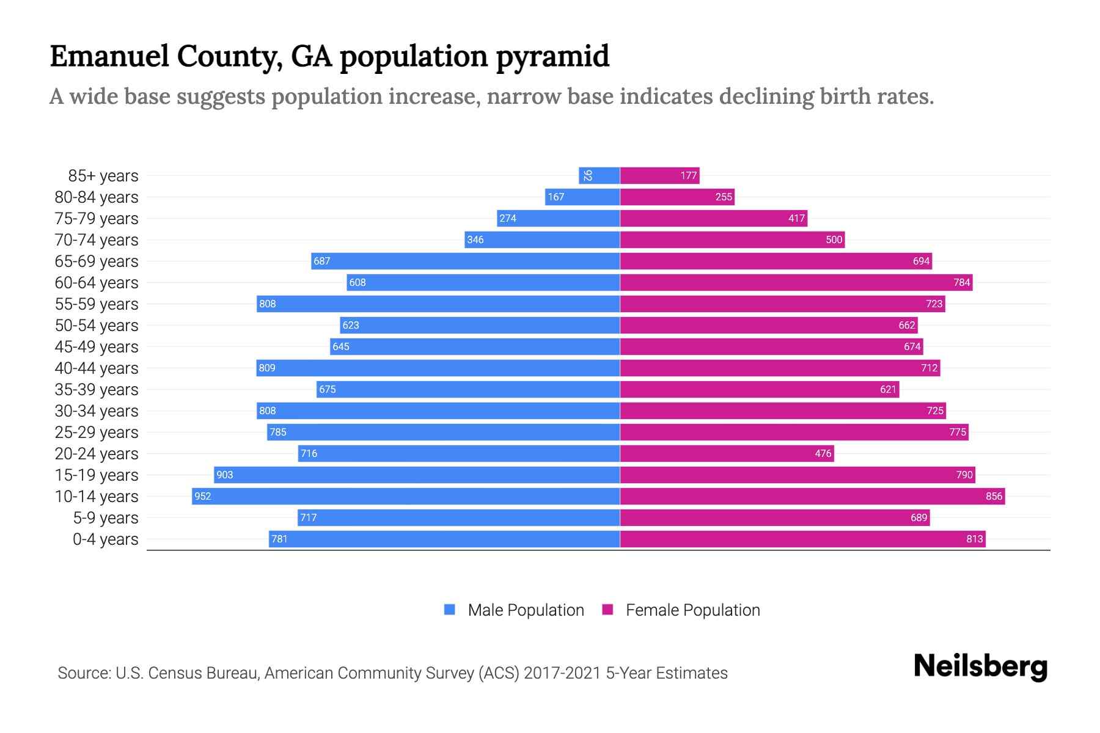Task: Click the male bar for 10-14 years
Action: (x=406, y=496)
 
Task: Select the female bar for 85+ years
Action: (x=659, y=175)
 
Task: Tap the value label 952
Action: (x=202, y=496)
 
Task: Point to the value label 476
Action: (x=823, y=453)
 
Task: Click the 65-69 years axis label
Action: (x=97, y=261)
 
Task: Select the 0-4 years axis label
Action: (x=105, y=539)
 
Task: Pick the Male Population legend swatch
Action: (x=450, y=610)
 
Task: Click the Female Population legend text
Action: (x=692, y=610)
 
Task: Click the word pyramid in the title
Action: (x=552, y=57)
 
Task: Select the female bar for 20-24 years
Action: (x=727, y=453)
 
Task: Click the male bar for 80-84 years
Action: (x=582, y=197)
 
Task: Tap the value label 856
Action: (x=994, y=496)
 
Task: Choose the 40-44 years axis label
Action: (x=97, y=368)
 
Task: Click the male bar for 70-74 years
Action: (x=542, y=239)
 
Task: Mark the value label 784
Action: (x=961, y=282)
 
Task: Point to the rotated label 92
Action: (x=588, y=175)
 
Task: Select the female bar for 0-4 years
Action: (x=802, y=539)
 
